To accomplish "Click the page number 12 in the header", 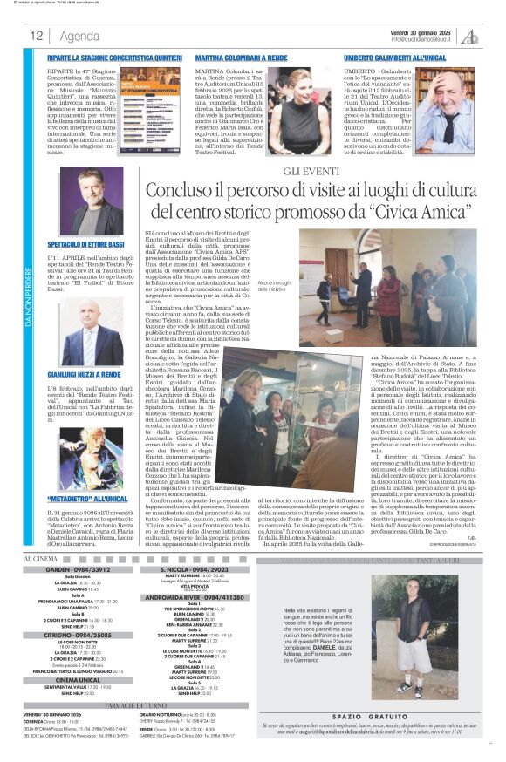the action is (x=37, y=36).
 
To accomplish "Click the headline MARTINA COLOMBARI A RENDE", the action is (x=233, y=56).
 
